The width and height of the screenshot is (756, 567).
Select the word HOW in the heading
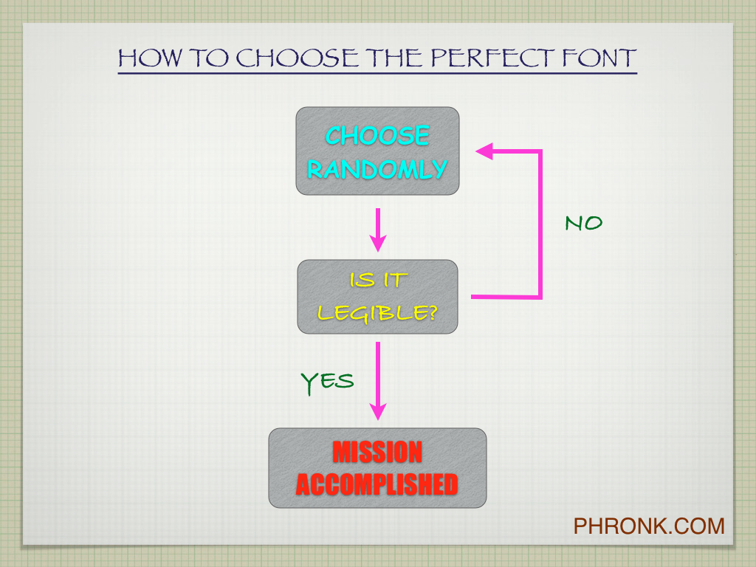(151, 58)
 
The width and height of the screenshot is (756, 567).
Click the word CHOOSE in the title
(297, 58)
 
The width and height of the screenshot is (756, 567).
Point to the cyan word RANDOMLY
(377, 169)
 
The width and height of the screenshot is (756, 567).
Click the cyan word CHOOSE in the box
(377, 135)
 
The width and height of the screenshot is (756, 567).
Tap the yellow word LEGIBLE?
(377, 313)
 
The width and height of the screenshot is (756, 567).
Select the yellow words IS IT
(379, 280)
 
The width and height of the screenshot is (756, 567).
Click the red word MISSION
(377, 452)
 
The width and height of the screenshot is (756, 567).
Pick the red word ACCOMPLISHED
(377, 484)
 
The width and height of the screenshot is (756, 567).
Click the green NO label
(584, 223)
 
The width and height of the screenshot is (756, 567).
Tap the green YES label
(327, 382)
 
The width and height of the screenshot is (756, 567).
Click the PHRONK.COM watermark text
(649, 526)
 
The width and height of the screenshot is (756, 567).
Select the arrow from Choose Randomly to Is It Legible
(378, 230)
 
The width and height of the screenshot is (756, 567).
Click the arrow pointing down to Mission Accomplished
(378, 381)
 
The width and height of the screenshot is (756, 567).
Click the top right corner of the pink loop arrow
(540, 151)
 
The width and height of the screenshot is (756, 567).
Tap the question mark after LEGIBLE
(432, 312)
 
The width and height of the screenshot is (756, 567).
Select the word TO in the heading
(209, 58)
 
